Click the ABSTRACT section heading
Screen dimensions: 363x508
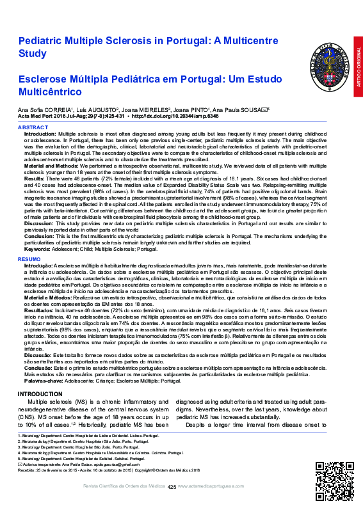(x=33, y=128)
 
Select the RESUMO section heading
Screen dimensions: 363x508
(x=29, y=258)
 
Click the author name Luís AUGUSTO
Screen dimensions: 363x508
(x=101, y=110)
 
